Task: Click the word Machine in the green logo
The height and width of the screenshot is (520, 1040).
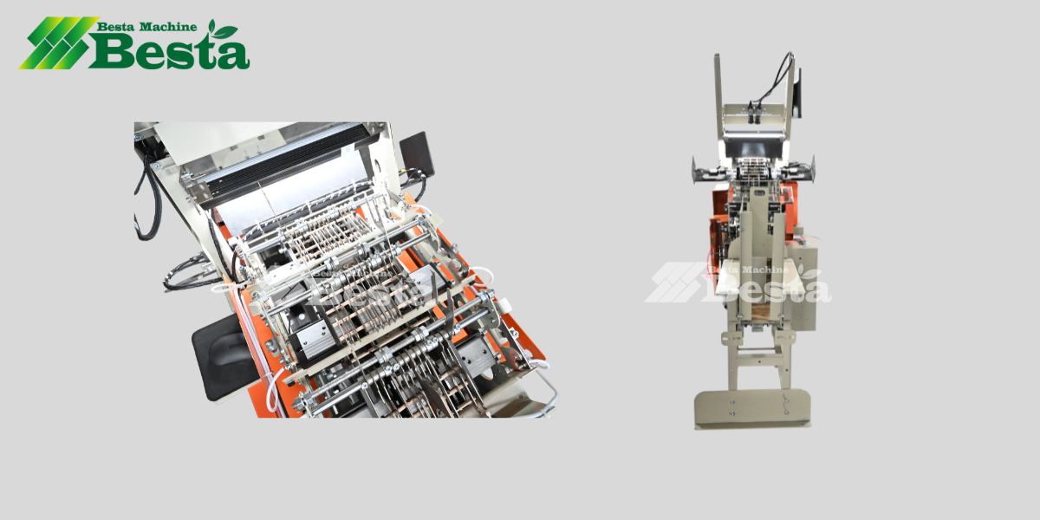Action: [168, 27]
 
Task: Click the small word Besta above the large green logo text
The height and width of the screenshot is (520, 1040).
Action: [115, 27]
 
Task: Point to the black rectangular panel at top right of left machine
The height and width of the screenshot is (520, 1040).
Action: [417, 154]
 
